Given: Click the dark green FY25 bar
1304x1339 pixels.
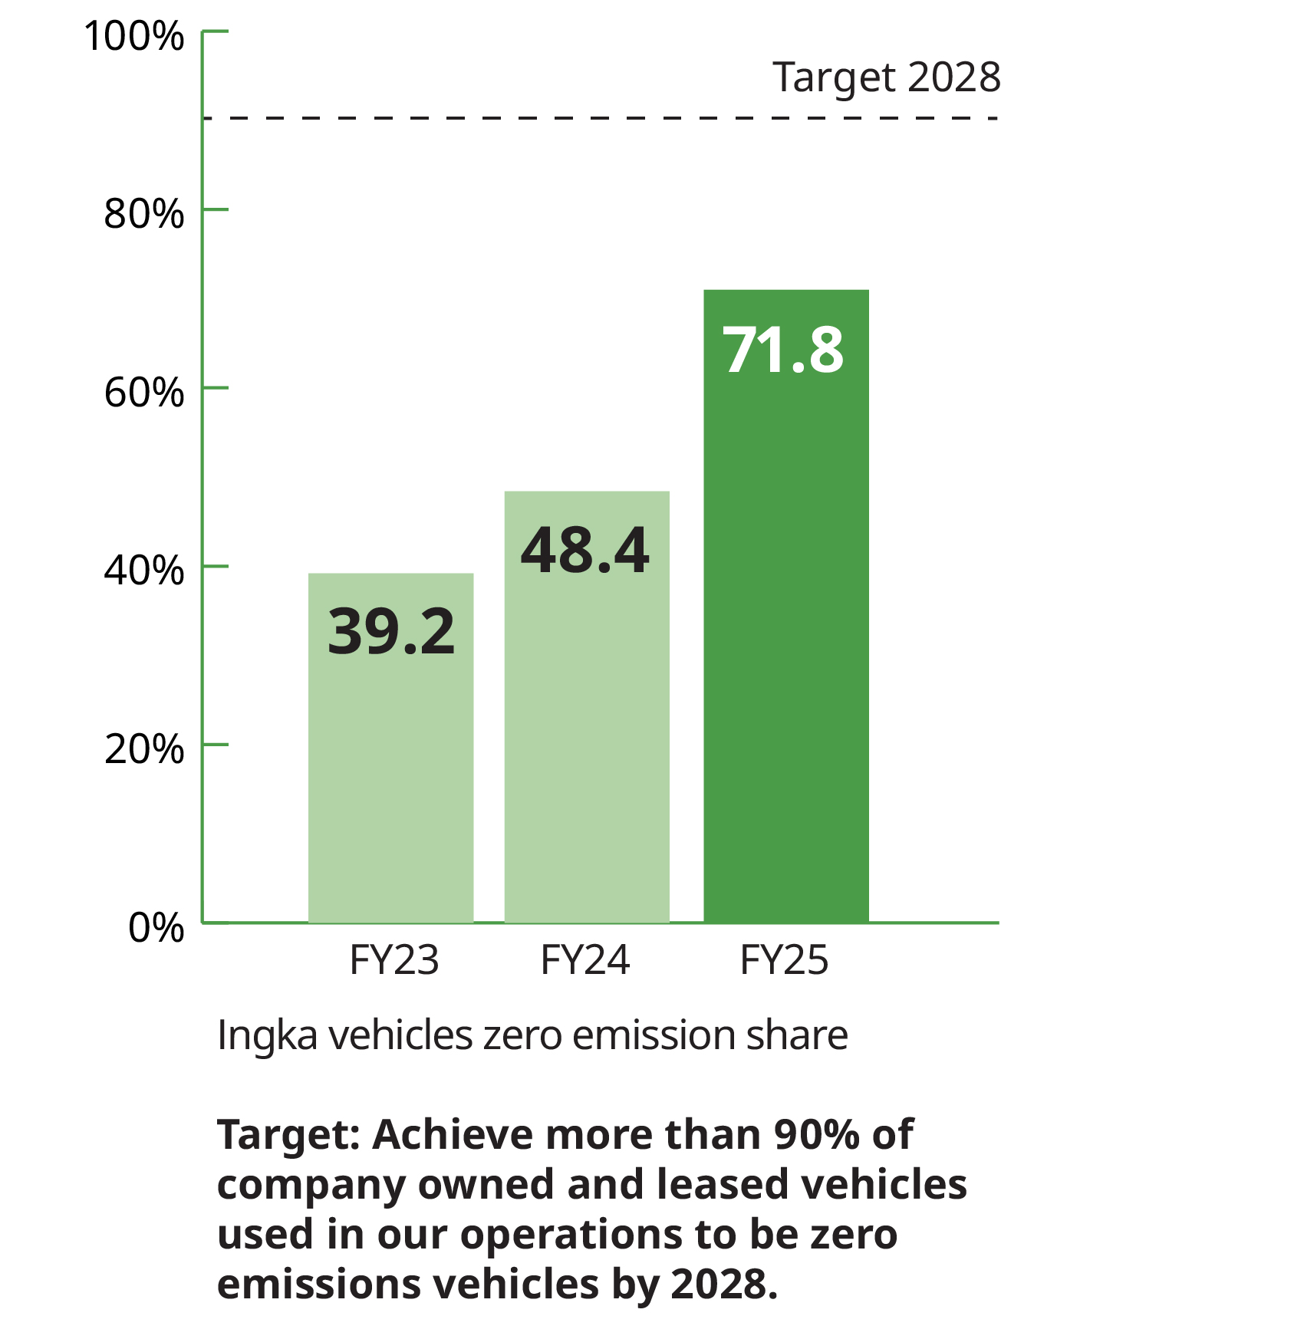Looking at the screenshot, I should pos(785,652).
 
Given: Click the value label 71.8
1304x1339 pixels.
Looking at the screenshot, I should pos(783,350).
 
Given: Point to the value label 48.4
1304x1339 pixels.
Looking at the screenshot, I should pos(585,551).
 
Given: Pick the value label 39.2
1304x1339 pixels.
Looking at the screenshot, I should pos(391,632).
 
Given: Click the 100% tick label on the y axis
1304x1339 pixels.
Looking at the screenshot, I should pos(134,36).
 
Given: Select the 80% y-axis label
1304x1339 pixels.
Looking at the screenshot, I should pos(144,213).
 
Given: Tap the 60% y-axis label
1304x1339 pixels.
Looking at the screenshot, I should pos(144,392).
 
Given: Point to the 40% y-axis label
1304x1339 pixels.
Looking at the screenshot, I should pos(144,570).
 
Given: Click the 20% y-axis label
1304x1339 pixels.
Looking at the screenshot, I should pos(144,748).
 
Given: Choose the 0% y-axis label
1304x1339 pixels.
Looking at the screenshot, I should pos(156,927).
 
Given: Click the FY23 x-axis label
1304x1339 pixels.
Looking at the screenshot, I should pos(394,960).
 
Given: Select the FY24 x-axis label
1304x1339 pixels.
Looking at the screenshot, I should pos(585,960).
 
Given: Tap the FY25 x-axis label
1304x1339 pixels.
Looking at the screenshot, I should pos(784,960).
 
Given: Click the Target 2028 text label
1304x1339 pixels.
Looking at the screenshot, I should pos(886,77).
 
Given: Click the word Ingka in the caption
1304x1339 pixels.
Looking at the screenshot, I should pos(266,1035).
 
